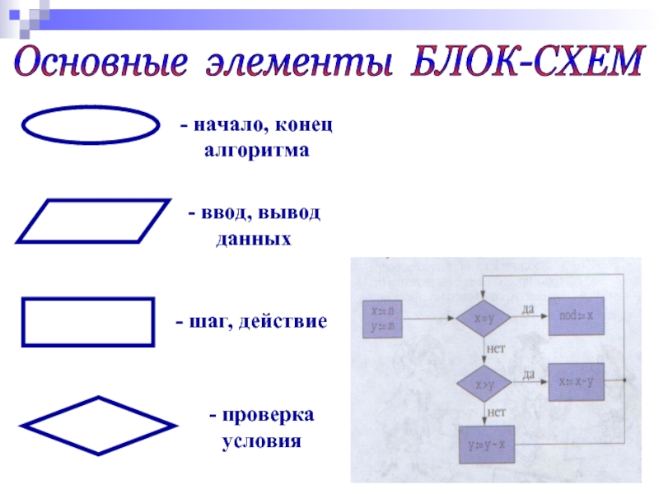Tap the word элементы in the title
tap(298, 64)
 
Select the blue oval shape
tap(89, 127)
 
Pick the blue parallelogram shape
tap(92, 221)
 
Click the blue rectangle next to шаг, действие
tap(87, 322)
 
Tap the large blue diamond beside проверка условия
tap(97, 426)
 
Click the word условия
tap(262, 440)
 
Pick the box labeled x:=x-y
tap(576, 382)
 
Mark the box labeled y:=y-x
tap(485, 445)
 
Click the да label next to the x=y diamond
tap(528, 308)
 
